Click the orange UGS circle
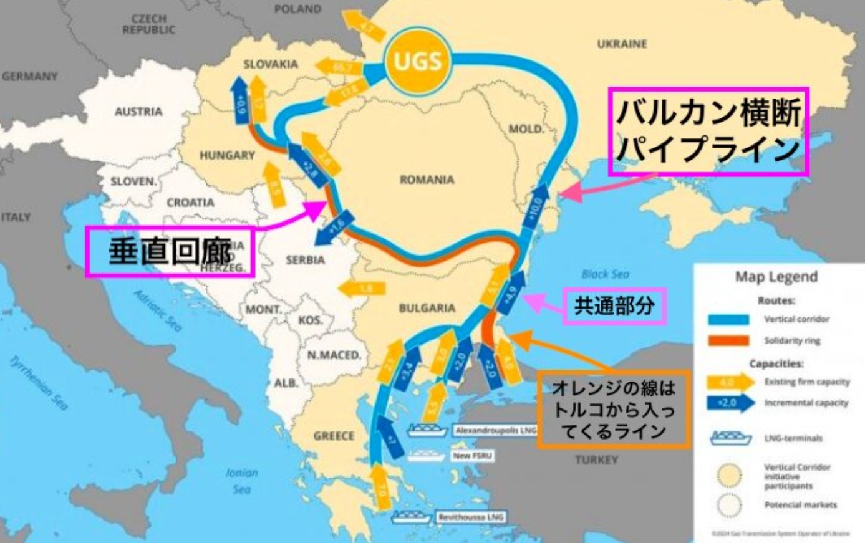pos(417,61)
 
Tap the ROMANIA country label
pos(427,180)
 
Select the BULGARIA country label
pos(427,308)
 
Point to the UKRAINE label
pos(621,44)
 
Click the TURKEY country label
pos(596,460)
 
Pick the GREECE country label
pos(334,436)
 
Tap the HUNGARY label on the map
pos(227,155)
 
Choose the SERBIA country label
pos(305,260)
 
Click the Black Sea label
pos(604,274)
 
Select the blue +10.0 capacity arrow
pos(538,205)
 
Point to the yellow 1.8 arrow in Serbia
pos(361,288)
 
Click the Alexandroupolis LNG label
pos(495,431)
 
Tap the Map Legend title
pos(776,277)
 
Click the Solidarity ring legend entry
pos(792,340)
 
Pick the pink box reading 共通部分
pos(614,306)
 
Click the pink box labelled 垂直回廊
pos(170,251)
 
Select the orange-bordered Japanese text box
pos(614,410)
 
